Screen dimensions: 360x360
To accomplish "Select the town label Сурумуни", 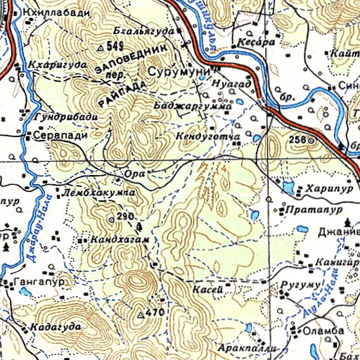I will pos(176,72).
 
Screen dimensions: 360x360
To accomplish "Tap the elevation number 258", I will pos(297,140).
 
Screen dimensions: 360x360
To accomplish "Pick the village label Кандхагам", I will pos(121,240).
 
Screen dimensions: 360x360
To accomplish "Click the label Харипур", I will pos(328,189).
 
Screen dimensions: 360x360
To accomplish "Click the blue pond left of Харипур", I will pos(289,187).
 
